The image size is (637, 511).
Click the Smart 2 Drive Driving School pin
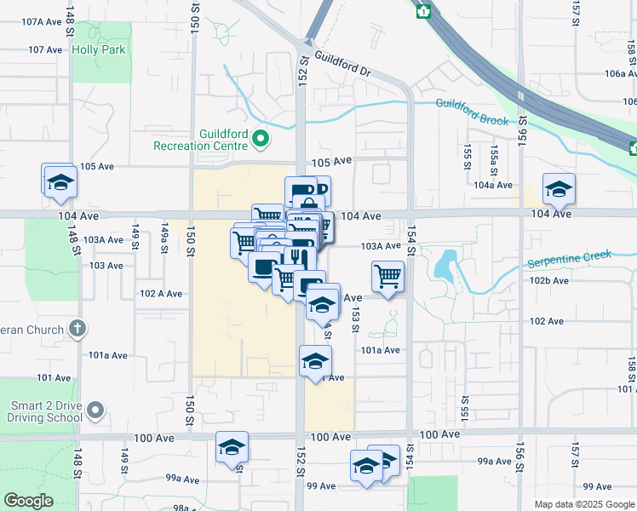[x=95, y=411]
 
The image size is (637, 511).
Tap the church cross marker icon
[x=77, y=329]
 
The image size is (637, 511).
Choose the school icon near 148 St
[x=60, y=182]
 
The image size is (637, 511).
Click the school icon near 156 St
[x=559, y=189]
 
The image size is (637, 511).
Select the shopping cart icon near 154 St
[x=387, y=276]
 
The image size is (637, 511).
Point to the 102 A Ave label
[x=161, y=293]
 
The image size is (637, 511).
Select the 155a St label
[x=493, y=155]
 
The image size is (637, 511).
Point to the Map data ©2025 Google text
[x=584, y=504]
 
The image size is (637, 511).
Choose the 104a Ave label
[x=494, y=185]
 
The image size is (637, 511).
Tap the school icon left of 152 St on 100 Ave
[x=232, y=448]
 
